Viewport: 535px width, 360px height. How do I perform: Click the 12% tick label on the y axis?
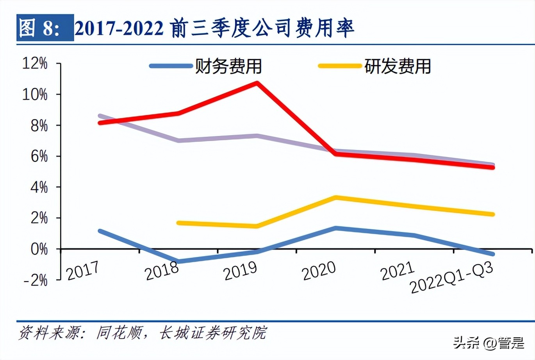point(35,63)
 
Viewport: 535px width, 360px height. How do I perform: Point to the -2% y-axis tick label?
point(35,280)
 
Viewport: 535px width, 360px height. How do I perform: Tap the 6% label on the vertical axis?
point(39,156)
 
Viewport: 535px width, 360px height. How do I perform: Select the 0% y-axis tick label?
point(39,249)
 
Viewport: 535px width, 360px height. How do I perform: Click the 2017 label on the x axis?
point(83,270)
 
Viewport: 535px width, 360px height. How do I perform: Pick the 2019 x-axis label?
point(241,270)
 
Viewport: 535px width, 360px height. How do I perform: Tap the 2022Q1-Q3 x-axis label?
point(451,278)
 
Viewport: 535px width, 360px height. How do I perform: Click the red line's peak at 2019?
point(257,83)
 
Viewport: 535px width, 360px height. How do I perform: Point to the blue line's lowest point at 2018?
point(178,261)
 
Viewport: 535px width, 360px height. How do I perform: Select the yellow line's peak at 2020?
point(336,198)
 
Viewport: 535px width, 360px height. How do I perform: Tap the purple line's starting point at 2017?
point(100,116)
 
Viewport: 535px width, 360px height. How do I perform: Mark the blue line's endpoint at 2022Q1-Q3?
point(493,254)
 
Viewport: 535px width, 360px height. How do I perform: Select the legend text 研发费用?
point(398,66)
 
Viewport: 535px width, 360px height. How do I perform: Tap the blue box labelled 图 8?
point(45,28)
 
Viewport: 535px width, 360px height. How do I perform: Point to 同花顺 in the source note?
point(119,333)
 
